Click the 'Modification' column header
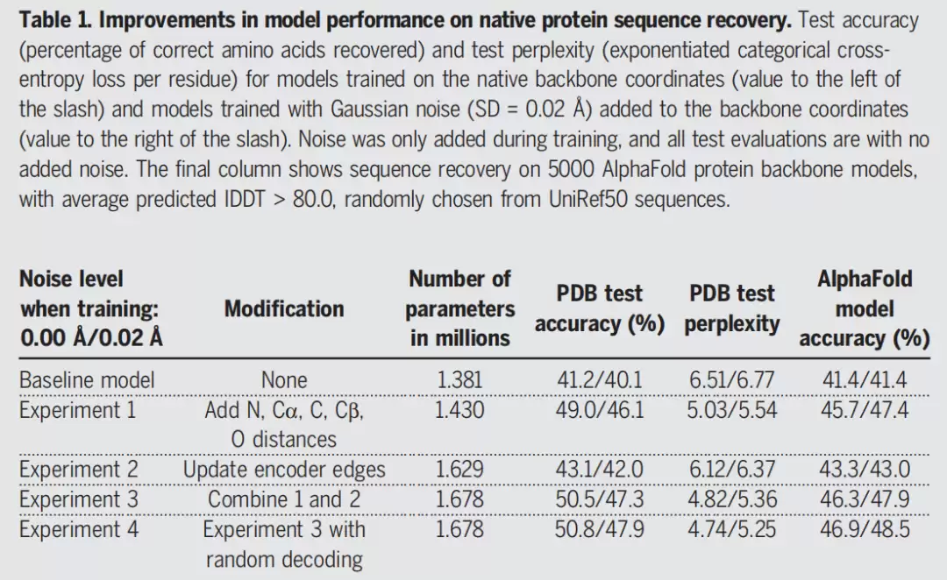coord(284,309)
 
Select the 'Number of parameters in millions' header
coord(459,308)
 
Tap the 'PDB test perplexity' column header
coord(732,308)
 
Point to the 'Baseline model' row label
coord(87,380)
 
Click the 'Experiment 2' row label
coord(79,470)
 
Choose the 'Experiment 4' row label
coord(79,529)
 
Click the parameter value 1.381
coord(459,380)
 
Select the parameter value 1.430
coord(459,410)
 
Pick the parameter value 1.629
coord(459,470)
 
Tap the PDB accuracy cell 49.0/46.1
coord(600,410)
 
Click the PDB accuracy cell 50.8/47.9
coord(600,529)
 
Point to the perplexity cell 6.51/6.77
coord(732,380)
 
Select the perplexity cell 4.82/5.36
coord(732,499)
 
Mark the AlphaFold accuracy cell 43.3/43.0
coord(865,470)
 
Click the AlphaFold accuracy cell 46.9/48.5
coord(865,529)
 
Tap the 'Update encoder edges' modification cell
coord(284,470)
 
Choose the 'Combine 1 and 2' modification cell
coord(284,499)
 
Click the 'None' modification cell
coord(284,380)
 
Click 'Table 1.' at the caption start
coord(55,20)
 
